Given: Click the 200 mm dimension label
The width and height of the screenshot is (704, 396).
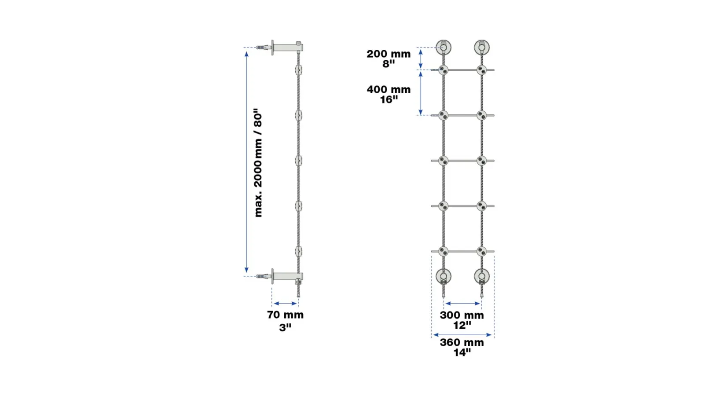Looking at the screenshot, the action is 389,54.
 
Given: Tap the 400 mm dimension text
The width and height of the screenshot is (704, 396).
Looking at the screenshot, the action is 389,90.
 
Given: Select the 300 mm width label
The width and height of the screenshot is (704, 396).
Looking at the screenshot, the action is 462,315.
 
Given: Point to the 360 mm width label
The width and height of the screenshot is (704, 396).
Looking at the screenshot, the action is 462,342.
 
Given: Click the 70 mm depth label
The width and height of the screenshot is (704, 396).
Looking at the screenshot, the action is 286,315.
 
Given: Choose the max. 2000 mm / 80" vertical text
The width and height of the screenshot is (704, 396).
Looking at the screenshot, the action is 258,163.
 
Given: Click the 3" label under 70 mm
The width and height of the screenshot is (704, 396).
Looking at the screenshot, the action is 286,327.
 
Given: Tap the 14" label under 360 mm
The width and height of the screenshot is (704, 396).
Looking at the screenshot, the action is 462,352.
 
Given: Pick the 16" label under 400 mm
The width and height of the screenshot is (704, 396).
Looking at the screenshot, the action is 389,99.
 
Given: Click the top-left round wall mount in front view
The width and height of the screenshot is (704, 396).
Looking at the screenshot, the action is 444,48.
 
